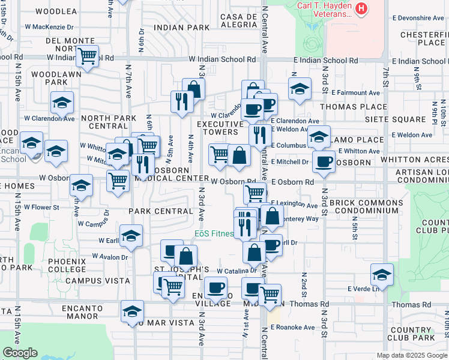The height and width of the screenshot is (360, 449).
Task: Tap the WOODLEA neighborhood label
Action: click(x=56, y=11)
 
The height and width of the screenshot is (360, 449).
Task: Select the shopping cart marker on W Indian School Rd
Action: click(x=88, y=56)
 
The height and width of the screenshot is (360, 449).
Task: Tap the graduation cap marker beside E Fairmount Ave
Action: click(x=300, y=89)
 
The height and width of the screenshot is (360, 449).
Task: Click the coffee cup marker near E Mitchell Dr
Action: click(x=324, y=161)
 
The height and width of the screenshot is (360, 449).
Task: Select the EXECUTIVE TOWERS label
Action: click(x=221, y=128)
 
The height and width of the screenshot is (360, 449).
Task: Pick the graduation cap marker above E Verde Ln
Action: click(x=382, y=275)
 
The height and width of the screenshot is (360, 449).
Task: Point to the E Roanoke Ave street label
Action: click(x=292, y=328)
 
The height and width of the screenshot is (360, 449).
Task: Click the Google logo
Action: click(x=20, y=353)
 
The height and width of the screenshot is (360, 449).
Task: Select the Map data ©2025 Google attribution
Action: click(x=411, y=355)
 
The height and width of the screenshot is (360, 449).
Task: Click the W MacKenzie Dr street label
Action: click(x=49, y=27)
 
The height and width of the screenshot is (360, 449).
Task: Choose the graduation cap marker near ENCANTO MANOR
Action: click(x=132, y=311)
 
